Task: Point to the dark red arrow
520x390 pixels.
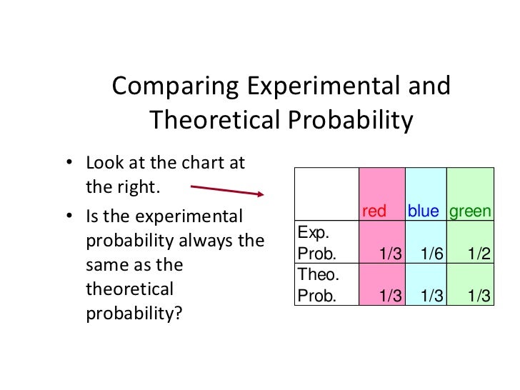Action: (228, 190)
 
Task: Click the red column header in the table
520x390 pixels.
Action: (374, 211)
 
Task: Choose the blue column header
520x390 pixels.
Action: (424, 211)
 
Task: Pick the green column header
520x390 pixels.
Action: (470, 211)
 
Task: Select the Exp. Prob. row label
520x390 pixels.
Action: (316, 243)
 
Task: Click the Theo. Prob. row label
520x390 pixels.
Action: (317, 285)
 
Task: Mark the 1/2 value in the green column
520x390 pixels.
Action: (479, 254)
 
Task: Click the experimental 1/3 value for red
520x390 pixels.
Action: (391, 254)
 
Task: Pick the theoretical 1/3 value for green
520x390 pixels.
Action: (479, 296)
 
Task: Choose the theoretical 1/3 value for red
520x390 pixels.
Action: (391, 296)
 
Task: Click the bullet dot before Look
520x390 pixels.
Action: (70, 163)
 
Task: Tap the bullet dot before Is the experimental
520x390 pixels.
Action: (70, 216)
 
